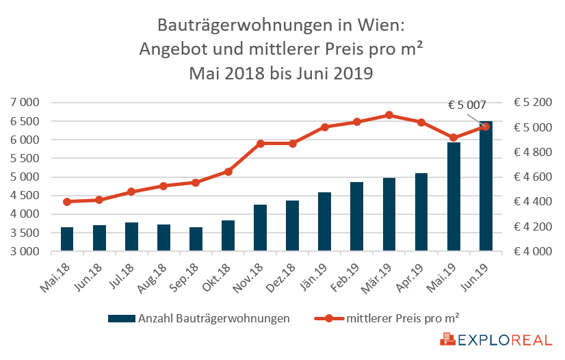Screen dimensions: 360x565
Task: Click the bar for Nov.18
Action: coord(260,228)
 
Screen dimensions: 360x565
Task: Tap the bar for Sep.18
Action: coord(196,239)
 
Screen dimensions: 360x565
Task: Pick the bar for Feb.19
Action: coord(357,216)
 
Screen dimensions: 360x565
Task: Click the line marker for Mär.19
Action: coord(389,115)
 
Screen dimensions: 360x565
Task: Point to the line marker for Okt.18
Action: coord(228,172)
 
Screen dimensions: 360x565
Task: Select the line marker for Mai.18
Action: coord(67,202)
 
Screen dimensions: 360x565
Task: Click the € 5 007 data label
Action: coord(467,105)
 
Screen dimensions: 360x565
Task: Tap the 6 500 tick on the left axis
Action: coord(26,121)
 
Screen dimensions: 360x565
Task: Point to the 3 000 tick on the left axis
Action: coord(26,251)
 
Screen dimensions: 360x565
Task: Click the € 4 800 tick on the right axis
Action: coord(533,152)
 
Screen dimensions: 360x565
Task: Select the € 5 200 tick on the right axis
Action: coord(533,103)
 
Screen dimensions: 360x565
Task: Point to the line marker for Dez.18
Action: coord(292,144)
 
